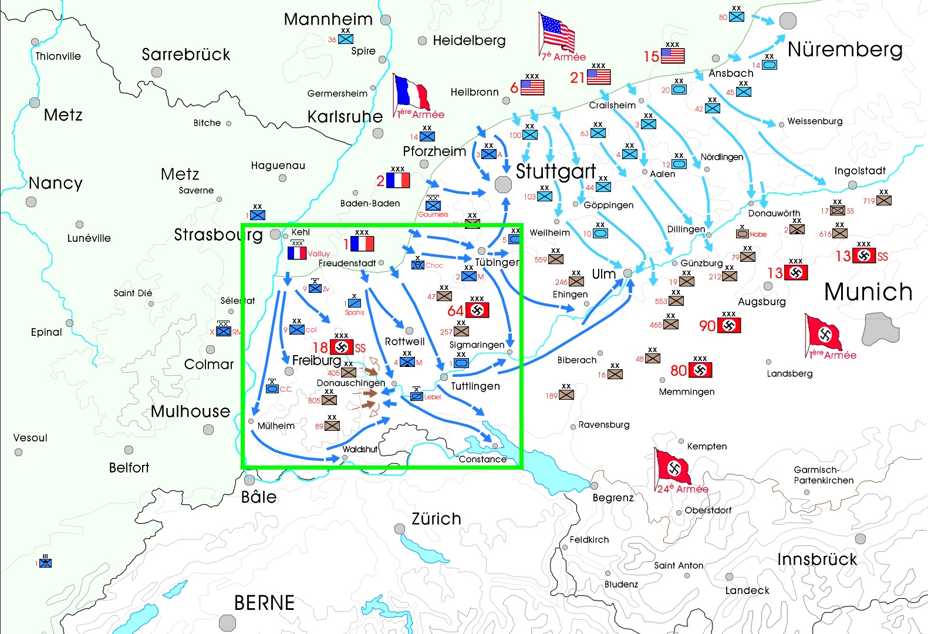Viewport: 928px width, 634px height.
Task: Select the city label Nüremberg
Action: click(x=845, y=50)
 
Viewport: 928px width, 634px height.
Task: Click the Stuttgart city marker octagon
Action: click(x=503, y=184)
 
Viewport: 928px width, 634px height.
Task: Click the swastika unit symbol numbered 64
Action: click(x=477, y=310)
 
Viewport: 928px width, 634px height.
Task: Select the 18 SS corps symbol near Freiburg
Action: click(x=342, y=348)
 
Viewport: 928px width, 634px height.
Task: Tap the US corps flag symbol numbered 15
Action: click(x=673, y=56)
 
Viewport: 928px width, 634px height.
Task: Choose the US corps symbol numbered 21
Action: click(x=599, y=77)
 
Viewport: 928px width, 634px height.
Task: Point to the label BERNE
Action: click(x=264, y=603)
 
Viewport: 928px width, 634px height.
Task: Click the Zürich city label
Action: click(x=436, y=519)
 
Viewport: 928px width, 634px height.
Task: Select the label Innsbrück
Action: click(x=816, y=559)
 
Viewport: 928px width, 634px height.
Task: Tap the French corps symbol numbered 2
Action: click(x=398, y=180)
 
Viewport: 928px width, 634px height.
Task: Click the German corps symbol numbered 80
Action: click(x=700, y=370)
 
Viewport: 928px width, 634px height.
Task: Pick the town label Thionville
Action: click(x=58, y=56)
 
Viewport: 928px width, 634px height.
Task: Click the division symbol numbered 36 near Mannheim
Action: click(x=346, y=39)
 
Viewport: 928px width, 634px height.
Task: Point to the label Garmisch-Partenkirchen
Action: click(x=823, y=475)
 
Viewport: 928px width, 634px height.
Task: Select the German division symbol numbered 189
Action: click(x=566, y=394)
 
